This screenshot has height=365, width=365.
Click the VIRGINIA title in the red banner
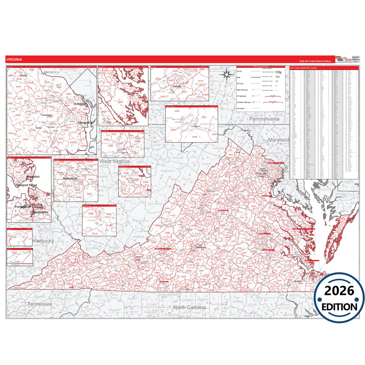(x=14, y=60)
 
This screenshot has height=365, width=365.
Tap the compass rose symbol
(x=227, y=75)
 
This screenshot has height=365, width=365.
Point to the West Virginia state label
(x=114, y=161)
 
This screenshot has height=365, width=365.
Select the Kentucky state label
(x=43, y=241)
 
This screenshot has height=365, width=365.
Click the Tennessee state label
(x=40, y=304)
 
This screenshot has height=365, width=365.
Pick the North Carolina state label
(x=189, y=307)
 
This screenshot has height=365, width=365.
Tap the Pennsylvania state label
(x=264, y=119)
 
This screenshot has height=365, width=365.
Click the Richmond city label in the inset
(x=70, y=179)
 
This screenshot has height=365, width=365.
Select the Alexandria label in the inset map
(x=85, y=123)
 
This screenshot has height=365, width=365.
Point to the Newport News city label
(x=27, y=185)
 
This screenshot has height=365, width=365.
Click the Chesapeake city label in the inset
(x=39, y=212)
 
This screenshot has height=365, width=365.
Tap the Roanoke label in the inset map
(x=177, y=87)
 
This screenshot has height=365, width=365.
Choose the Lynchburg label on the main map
(x=201, y=247)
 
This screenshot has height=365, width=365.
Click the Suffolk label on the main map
(x=298, y=281)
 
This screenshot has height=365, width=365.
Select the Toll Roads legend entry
(x=240, y=109)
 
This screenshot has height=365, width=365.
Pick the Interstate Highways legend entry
(x=244, y=102)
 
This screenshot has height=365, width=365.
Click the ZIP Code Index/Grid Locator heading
(x=303, y=68)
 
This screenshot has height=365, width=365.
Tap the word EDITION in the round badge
(x=339, y=307)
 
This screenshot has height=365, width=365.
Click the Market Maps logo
(x=344, y=59)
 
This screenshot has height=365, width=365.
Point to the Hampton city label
(x=33, y=177)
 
